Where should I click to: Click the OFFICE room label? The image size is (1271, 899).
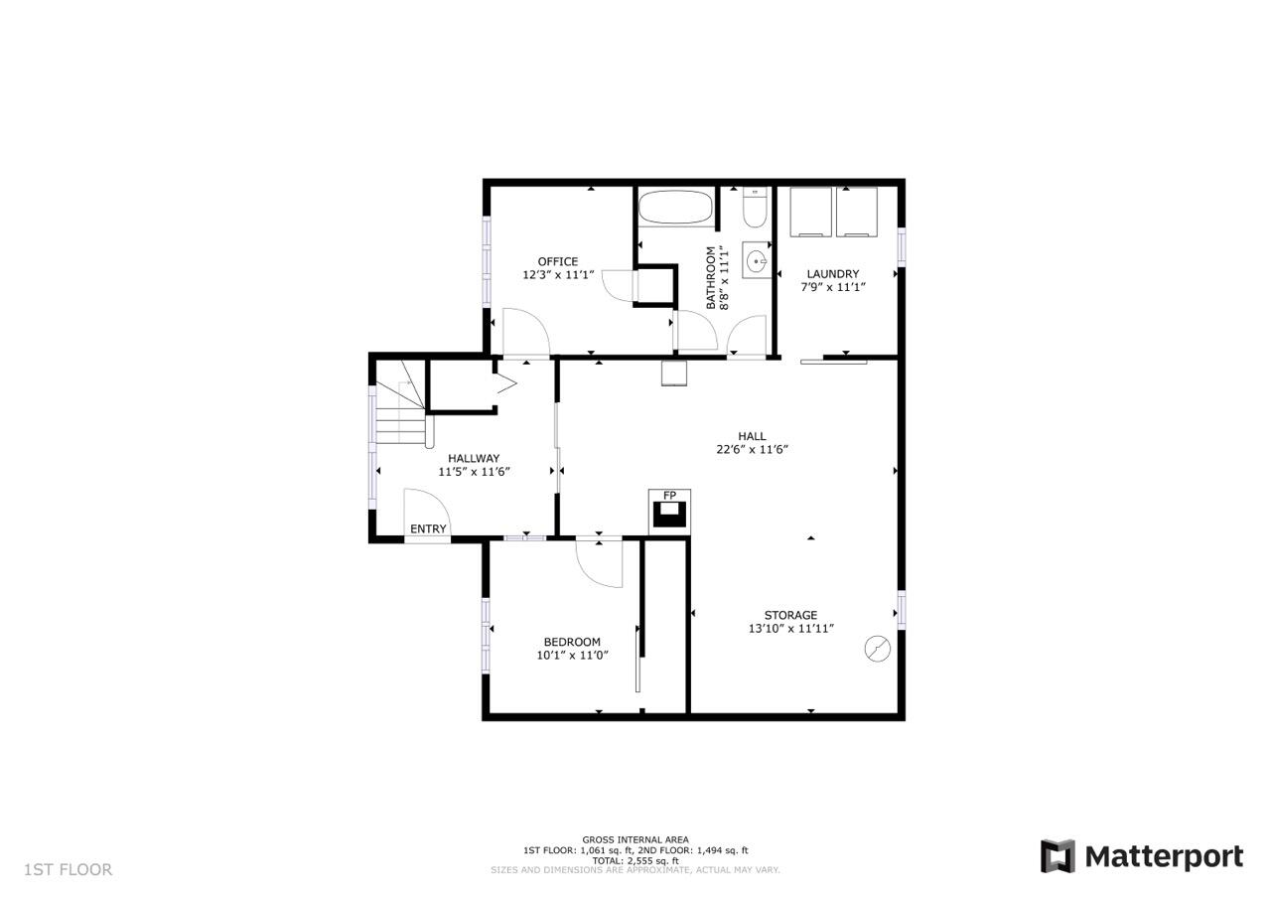558,261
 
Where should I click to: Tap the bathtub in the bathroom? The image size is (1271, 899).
675,208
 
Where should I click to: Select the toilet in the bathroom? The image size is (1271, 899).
755,208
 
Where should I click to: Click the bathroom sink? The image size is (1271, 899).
757,260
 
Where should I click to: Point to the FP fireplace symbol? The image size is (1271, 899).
669,511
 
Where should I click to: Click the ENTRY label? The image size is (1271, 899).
428,528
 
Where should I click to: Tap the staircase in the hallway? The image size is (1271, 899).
400,404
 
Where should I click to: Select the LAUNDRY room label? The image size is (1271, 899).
832,273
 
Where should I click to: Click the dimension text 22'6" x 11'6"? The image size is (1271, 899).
752,449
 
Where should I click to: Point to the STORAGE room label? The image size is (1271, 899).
790,615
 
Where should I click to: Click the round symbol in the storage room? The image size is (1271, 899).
877,648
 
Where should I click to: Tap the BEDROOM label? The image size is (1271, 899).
572,642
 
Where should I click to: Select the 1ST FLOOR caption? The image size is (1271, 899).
69,869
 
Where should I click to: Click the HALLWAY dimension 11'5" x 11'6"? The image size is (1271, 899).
475,472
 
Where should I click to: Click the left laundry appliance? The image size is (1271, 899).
811,212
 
